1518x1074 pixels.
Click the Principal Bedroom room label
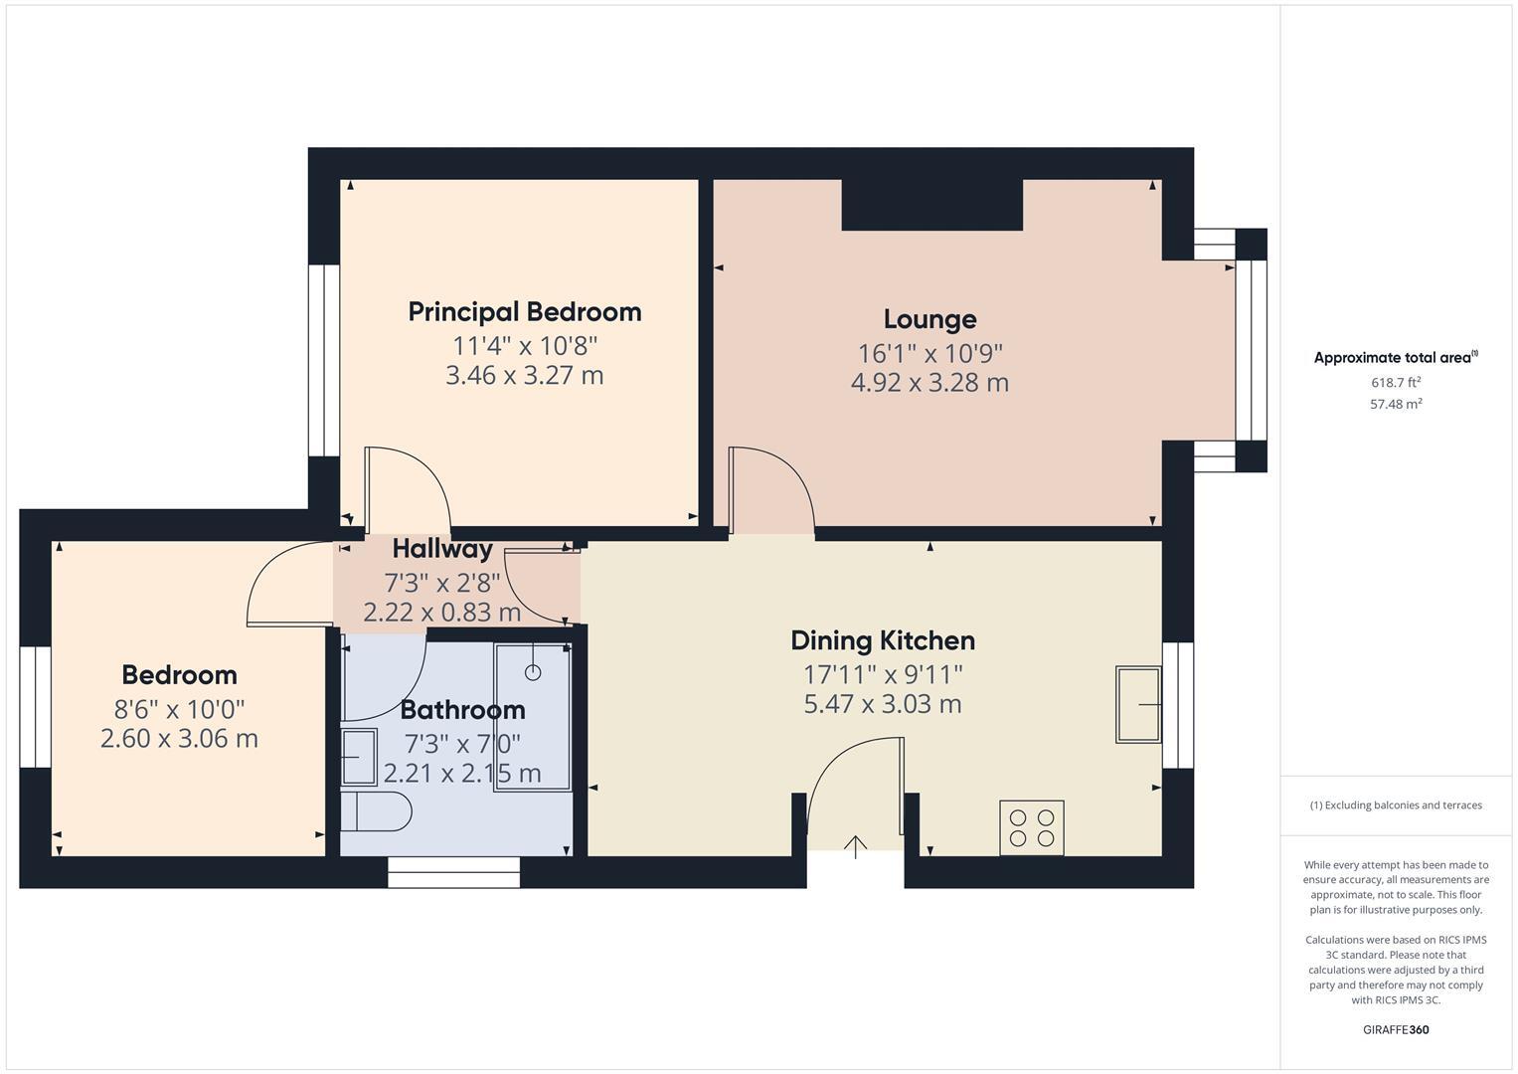point(524,312)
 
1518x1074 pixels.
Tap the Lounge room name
point(929,319)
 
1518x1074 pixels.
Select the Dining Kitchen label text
point(882,640)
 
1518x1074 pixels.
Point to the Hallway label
point(441,549)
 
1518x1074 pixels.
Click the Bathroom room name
point(462,710)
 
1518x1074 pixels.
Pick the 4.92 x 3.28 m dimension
point(929,383)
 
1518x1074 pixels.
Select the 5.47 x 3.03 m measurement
point(882,704)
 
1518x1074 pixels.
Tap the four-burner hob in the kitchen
point(1031,827)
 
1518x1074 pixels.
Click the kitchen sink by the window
point(1138,704)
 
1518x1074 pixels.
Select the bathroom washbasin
point(358,757)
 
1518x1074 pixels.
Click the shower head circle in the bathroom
point(533,672)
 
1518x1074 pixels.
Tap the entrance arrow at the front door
point(855,846)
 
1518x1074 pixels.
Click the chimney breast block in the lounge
point(931,205)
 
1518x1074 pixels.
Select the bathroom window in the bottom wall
point(453,872)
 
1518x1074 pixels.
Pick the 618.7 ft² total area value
point(1395,382)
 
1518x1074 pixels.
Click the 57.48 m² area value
point(1395,404)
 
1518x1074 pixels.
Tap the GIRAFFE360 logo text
point(1395,1029)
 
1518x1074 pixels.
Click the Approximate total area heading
point(1395,358)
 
